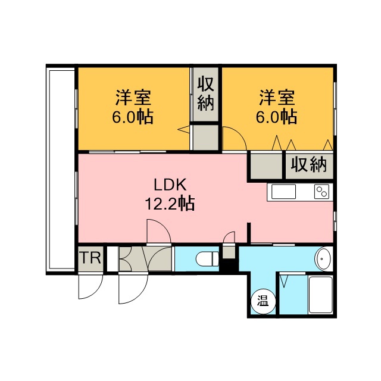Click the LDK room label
point(170,185)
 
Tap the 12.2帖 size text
point(170,204)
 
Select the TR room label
point(90,258)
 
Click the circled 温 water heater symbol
point(263,302)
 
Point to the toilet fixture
point(207,259)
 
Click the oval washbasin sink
point(323,258)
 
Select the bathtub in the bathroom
point(320,295)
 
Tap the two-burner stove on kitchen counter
point(321,191)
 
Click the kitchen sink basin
point(283,192)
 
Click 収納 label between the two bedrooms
point(205,93)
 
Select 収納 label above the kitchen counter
point(309,165)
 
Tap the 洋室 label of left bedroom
point(133,98)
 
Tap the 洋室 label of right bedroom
point(277,98)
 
